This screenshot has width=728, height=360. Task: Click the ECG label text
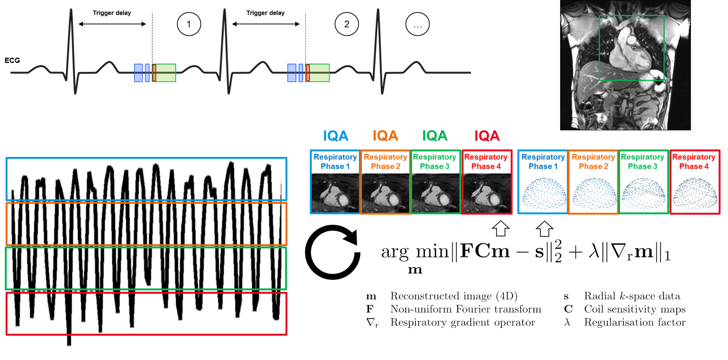pos(12,60)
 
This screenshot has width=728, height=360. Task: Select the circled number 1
pos(189,25)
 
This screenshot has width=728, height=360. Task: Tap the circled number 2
pos(346,25)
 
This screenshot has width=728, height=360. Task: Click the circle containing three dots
pos(417,25)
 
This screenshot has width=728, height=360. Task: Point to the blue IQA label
pos(336,136)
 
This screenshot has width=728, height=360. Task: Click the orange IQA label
pos(385,136)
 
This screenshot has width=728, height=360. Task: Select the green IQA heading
pos(435,136)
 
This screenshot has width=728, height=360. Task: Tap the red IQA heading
pos(487,136)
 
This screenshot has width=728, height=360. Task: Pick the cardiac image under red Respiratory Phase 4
pos(486,193)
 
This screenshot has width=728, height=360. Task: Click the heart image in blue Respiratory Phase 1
pos(335,193)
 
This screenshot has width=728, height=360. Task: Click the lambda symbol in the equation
pos(594,251)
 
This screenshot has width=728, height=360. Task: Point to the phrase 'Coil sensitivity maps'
pos(635,309)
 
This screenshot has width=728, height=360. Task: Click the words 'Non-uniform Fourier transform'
pos(466,309)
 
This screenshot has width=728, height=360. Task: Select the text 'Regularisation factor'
pos(635,322)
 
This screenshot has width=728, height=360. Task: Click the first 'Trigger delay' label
pos(112,13)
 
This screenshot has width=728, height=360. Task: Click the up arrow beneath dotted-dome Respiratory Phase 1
pos(544,229)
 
